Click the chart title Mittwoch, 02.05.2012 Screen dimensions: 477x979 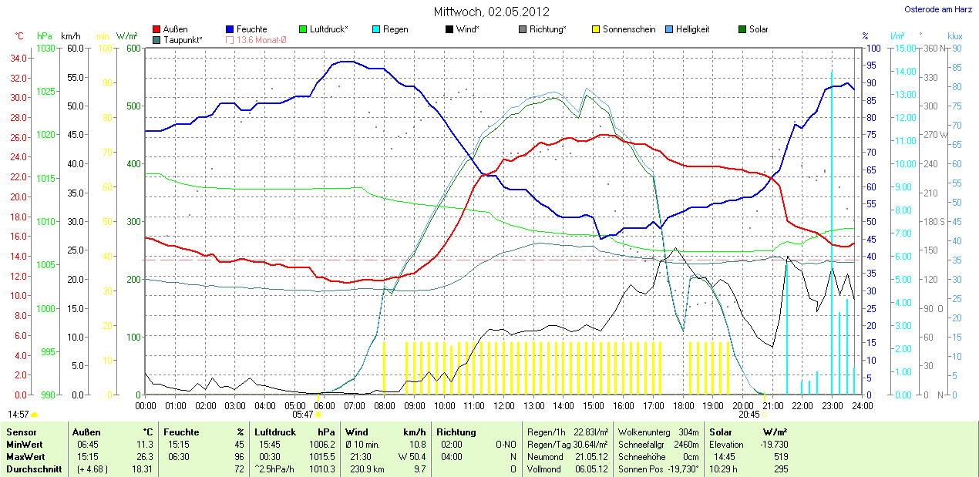pyautogui.click(x=490, y=12)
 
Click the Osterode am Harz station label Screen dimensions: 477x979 pyautogui.click(x=937, y=9)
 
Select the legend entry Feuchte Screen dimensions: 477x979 pyautogui.click(x=251, y=29)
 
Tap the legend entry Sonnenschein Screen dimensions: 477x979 pyautogui.click(x=629, y=29)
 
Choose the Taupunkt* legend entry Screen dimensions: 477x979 pyautogui.click(x=183, y=39)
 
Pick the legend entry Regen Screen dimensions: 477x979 pyautogui.click(x=395, y=29)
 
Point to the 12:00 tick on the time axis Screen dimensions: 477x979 pyautogui.click(x=503, y=405)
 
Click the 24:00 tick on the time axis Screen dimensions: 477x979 pyautogui.click(x=862, y=405)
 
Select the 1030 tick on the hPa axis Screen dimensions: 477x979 pyautogui.click(x=46, y=49)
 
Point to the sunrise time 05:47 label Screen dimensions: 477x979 pyautogui.click(x=304, y=415)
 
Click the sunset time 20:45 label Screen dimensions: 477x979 pyautogui.click(x=749, y=415)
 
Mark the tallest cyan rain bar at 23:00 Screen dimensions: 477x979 pyautogui.click(x=832, y=231)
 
